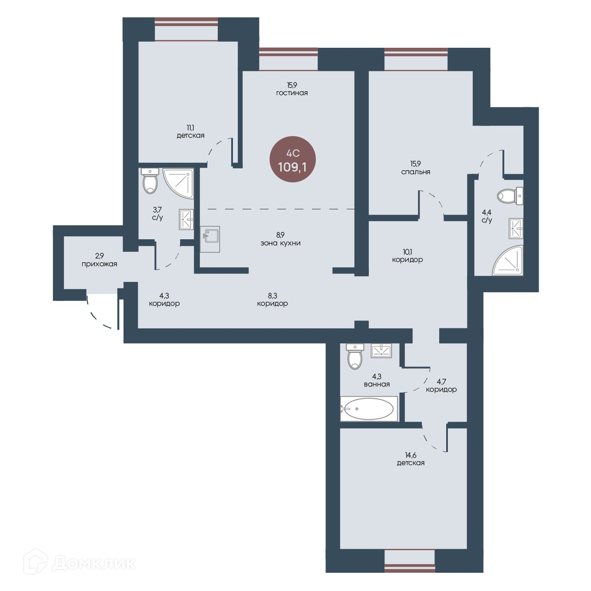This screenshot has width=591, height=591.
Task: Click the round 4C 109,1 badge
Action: pos(293,159)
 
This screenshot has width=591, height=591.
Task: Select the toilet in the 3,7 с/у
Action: pos(150,181)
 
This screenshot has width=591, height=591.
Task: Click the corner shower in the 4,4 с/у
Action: pos(507,260)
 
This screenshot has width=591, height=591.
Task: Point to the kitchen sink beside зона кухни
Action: pos(210,239)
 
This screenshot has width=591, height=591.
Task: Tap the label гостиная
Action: pos(292,93)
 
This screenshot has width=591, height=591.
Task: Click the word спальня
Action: pos(416,172)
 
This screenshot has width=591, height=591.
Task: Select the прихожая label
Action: pos(99,264)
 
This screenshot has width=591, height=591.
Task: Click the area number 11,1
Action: pos(191,127)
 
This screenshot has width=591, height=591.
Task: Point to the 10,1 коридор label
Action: pos(407,256)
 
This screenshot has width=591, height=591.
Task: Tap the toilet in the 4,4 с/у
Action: pos(510,196)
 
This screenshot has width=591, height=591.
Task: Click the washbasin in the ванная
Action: pos(381,351)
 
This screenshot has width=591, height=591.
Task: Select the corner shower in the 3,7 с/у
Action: pos(178,183)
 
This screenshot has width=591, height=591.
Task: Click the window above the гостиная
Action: pos(288,59)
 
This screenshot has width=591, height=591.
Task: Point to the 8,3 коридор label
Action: pos(272,299)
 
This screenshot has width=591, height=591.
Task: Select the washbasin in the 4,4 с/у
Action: pos(516,228)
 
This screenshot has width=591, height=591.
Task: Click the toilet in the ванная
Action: pos(355,356)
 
